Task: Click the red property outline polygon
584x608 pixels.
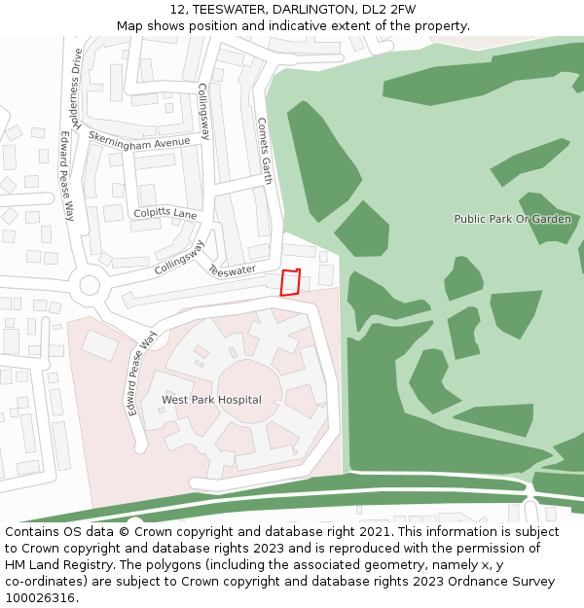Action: [290, 282]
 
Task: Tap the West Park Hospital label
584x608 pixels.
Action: [211, 400]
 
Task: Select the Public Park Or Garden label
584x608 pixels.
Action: [512, 219]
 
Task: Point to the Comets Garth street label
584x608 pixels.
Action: [264, 151]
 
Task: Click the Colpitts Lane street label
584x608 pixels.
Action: [165, 214]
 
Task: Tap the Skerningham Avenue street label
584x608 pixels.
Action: [139, 141]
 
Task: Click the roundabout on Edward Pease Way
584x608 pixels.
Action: [91, 286]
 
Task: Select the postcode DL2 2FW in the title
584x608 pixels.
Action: [389, 10]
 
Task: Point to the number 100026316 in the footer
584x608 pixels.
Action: [40, 598]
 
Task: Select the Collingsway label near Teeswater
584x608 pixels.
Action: [179, 256]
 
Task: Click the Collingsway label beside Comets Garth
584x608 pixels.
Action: [204, 111]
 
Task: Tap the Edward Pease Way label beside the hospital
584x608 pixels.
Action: [142, 374]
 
